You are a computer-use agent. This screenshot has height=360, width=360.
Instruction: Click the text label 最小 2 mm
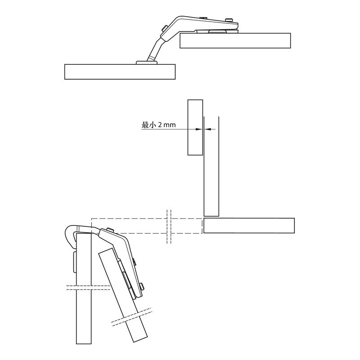pos(159,125)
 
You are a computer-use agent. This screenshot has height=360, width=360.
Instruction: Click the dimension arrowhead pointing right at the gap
pos(199,129)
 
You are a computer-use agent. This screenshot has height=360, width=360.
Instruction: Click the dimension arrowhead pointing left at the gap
pos(207,129)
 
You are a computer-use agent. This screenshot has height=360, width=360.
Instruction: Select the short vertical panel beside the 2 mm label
pos(195,127)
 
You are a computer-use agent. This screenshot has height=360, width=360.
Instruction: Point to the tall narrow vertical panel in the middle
pos(211,166)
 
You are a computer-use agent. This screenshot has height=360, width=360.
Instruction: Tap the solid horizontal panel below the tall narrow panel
pos(249,226)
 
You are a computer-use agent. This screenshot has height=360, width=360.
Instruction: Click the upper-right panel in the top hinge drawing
pos(235,40)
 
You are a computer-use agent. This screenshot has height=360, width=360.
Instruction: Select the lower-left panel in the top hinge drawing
pos(120,72)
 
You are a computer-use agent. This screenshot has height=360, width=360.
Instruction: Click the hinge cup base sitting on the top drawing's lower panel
pos(147,63)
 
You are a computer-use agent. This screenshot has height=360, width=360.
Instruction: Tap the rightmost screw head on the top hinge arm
pos(229,20)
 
